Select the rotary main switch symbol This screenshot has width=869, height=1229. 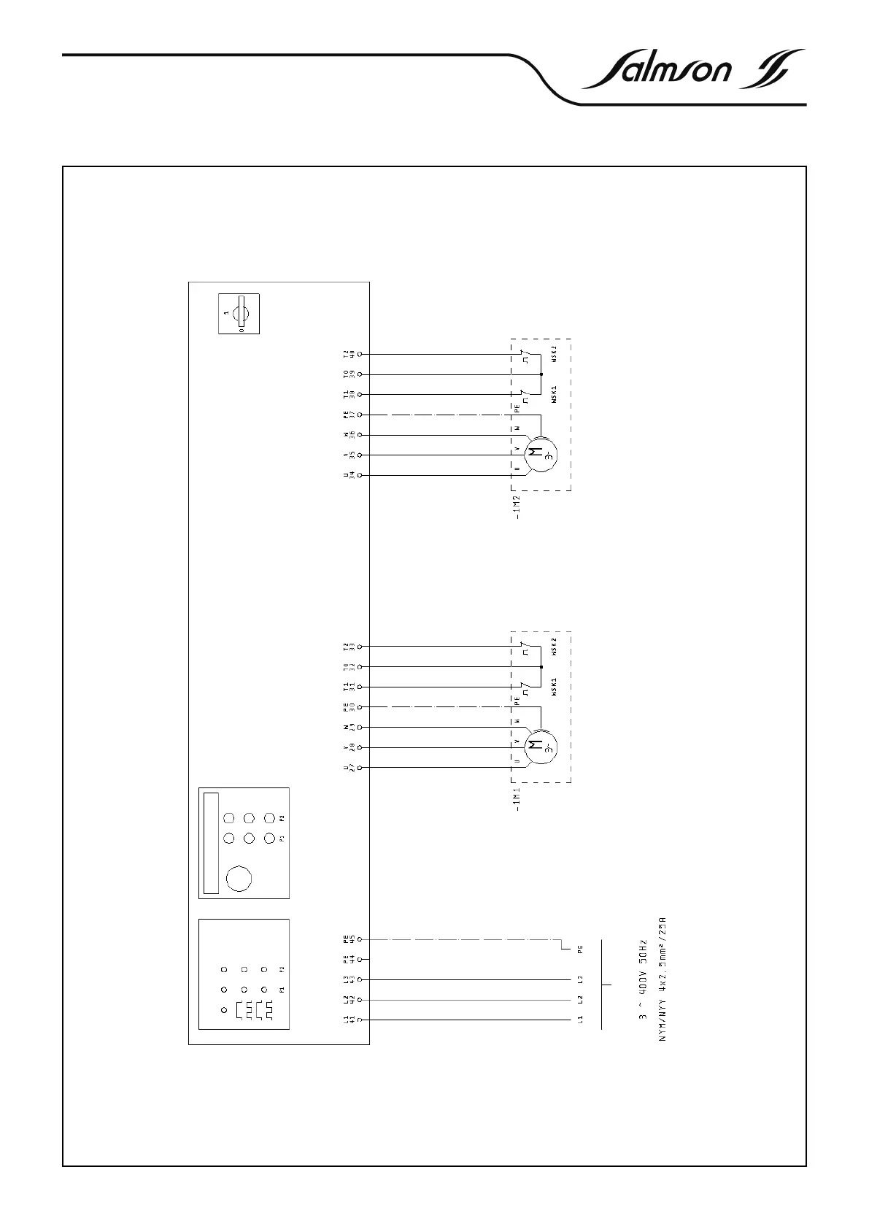tap(239, 314)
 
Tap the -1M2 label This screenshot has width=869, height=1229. tap(517, 507)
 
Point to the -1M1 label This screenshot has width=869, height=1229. tap(517, 799)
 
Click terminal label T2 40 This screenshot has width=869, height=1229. tap(349, 354)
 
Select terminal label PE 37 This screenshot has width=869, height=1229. tap(349, 415)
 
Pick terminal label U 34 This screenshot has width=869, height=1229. tap(349, 475)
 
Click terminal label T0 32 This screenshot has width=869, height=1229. tap(349, 666)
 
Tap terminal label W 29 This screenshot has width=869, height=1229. tap(349, 727)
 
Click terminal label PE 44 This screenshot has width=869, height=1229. tap(349, 959)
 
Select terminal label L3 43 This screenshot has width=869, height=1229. tap(349, 979)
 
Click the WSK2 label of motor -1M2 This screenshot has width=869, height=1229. tap(555, 354)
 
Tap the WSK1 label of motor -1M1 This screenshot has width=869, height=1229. tap(555, 687)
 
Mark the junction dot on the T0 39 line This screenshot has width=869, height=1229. tap(541, 374)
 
